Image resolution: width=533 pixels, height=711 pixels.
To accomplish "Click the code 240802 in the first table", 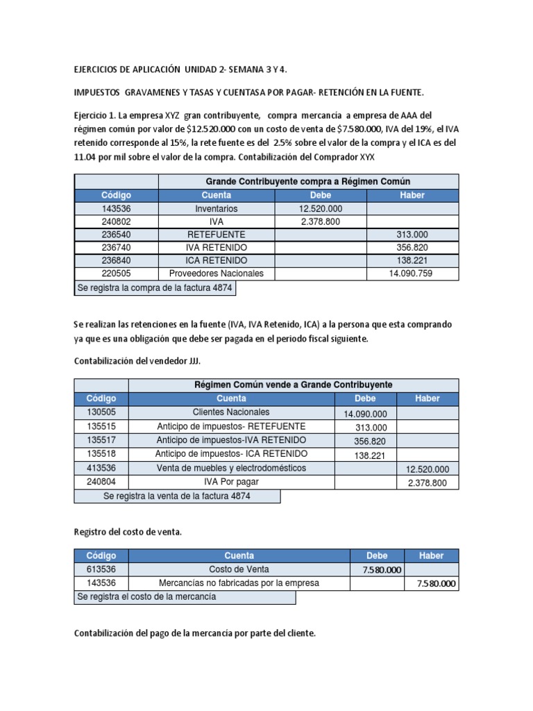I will (x=116, y=221).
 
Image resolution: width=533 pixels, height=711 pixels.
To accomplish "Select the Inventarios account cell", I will (x=217, y=208).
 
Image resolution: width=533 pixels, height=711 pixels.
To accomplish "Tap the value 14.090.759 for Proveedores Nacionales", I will (x=412, y=274).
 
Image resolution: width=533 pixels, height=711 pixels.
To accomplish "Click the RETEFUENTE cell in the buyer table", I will (x=217, y=235).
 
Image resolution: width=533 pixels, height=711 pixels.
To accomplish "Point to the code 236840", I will (x=116, y=260).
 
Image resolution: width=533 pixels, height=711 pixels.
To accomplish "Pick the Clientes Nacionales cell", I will (x=231, y=412).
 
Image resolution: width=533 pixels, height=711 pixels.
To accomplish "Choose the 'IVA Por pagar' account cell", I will (x=231, y=483).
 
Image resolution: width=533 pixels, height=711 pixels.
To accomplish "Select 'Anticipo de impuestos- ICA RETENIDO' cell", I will (x=231, y=454).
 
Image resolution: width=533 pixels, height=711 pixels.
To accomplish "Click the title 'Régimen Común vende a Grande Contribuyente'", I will (x=294, y=385).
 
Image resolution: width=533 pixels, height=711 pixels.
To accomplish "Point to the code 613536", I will (x=101, y=569).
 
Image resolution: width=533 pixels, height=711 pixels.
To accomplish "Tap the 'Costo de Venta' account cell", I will (x=239, y=569).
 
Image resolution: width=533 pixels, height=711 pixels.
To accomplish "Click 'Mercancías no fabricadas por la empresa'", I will (x=239, y=583).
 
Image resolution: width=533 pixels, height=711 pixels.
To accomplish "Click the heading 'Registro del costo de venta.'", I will (x=127, y=531).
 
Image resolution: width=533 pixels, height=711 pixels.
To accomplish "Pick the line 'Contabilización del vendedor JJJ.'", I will (x=137, y=361).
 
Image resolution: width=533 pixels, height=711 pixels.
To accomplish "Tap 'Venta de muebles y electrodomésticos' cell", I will (x=231, y=469).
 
